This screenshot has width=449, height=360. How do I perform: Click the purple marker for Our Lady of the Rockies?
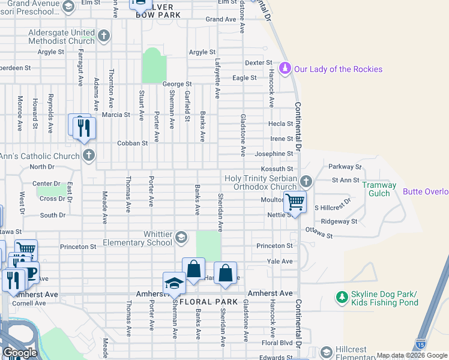tap(285, 69)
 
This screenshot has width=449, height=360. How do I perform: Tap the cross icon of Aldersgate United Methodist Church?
tap(104, 37)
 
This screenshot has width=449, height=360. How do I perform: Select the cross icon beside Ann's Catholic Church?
tap(89, 156)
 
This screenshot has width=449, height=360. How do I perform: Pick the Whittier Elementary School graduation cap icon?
tap(181, 238)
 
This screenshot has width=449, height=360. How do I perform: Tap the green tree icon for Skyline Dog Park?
tap(342, 298)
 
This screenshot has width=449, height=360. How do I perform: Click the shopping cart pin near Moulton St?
tap(295, 202)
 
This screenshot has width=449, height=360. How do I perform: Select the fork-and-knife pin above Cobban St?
tap(84, 128)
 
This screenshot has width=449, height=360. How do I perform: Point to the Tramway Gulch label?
tap(379, 190)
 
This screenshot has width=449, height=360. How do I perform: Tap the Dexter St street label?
tap(259, 63)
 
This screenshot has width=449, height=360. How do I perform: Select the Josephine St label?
tap(274, 154)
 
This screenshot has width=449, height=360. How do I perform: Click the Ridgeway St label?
tap(339, 221)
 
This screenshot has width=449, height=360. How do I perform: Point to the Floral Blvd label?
tap(277, 343)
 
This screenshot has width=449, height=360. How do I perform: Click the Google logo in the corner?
tap(20, 352)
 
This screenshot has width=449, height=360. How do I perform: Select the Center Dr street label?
tap(47, 183)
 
